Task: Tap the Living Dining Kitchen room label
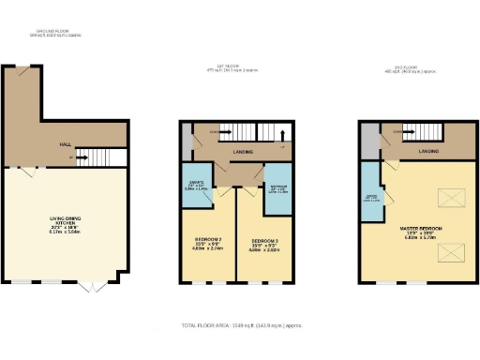pos(64,224)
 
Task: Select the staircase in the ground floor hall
pos(99,157)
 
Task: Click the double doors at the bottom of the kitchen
pos(91,282)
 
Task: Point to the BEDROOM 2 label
pos(206,245)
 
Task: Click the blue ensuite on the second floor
pos(371,198)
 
